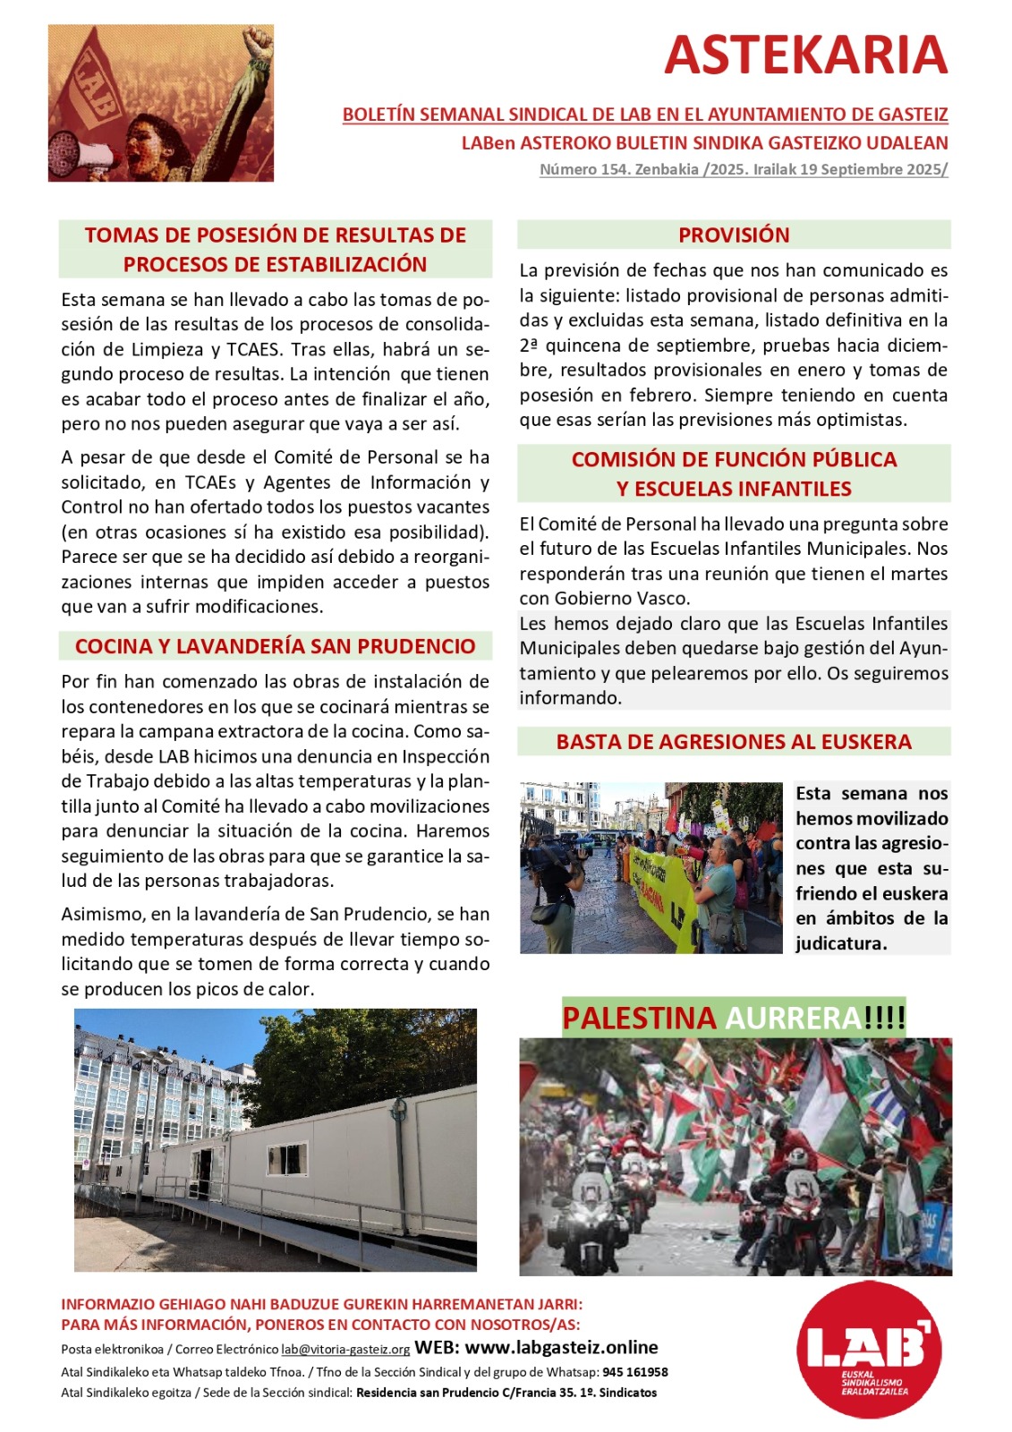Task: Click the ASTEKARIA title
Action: (805, 55)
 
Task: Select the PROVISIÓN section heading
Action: (734, 235)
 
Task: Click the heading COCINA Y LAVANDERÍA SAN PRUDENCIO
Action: (275, 646)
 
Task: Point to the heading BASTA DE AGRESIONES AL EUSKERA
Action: (734, 742)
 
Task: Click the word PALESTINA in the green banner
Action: (639, 1019)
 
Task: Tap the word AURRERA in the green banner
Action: (793, 1019)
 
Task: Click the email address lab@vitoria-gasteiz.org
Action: (345, 1350)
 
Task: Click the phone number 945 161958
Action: (634, 1372)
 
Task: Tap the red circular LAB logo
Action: (868, 1351)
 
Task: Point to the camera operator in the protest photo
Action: (555, 886)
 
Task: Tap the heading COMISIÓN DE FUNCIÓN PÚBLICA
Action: (734, 459)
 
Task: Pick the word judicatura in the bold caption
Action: (840, 943)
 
